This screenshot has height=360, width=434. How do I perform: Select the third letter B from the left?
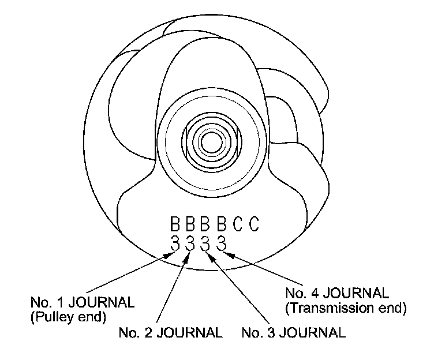coord(205,224)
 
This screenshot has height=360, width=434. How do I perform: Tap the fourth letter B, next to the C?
coord(221,224)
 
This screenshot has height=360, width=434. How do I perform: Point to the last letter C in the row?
coord(253,224)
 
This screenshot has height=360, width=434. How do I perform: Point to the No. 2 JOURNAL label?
coord(170,333)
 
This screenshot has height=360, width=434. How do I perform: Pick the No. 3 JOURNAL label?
coord(294,333)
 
